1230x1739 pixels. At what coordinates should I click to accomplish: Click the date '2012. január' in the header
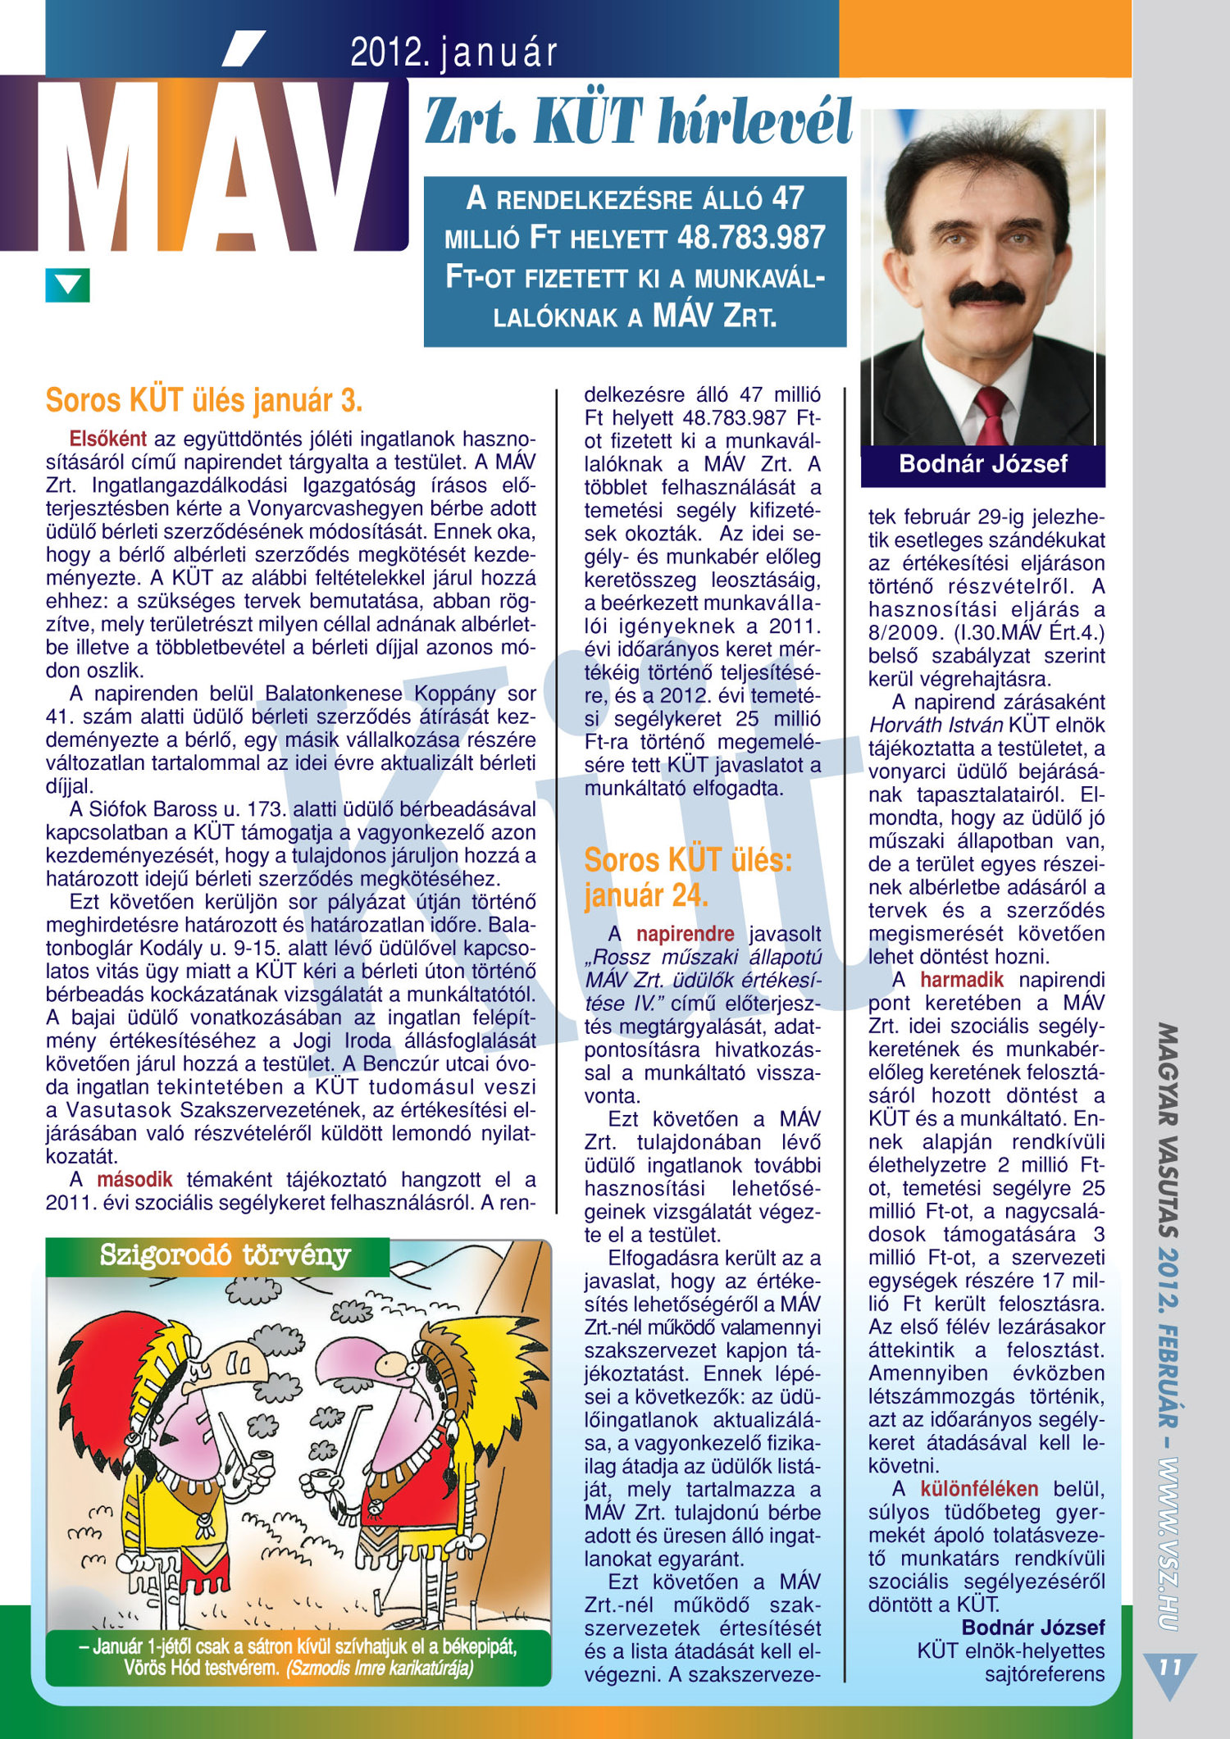click(453, 53)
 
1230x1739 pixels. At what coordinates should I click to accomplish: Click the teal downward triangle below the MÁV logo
click(67, 285)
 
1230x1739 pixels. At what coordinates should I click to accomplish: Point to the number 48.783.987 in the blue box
click(751, 238)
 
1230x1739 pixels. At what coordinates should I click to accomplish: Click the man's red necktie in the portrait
click(991, 414)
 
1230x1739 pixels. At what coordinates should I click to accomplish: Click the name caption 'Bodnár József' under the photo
click(983, 464)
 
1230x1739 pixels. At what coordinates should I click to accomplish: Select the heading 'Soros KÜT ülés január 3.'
click(204, 401)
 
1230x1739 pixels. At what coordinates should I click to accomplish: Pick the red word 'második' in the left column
click(134, 1180)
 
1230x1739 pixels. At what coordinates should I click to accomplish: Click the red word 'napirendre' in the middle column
click(685, 934)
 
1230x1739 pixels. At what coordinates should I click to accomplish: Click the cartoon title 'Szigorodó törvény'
click(225, 1255)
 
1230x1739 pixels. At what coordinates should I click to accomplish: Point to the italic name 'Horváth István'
click(936, 726)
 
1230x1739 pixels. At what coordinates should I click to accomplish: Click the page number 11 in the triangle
click(1169, 1667)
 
